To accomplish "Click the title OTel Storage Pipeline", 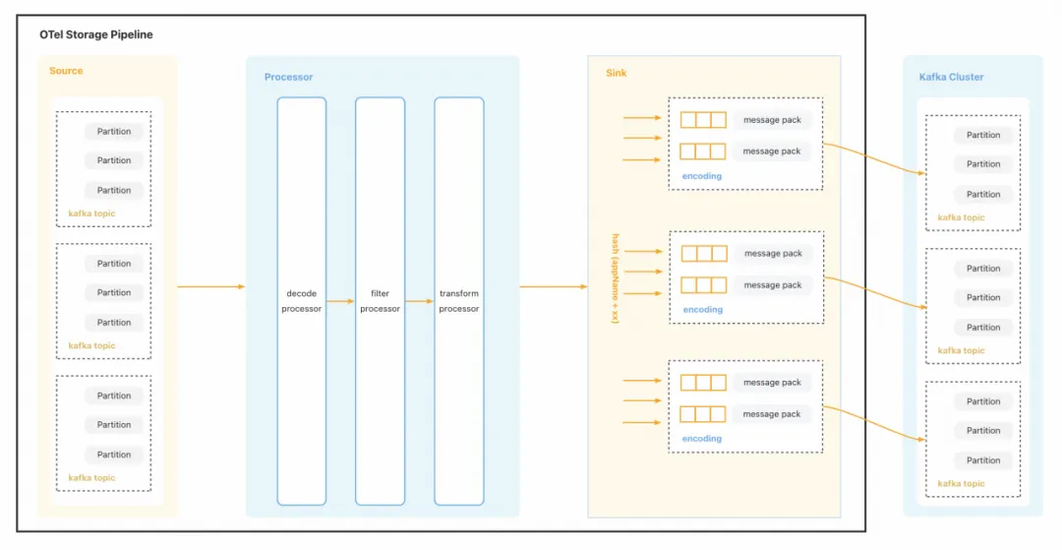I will pos(96,34).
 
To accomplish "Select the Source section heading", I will pos(66,71).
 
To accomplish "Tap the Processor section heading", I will pos(288,77).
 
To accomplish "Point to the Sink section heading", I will pos(616,73).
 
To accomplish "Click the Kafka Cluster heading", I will pos(951,77).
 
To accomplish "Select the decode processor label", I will pos(301,301).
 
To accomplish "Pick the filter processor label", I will pos(380,301).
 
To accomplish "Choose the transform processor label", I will pos(458,301).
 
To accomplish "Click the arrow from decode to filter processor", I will pos(340,301).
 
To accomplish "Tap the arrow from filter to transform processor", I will pos(419,301).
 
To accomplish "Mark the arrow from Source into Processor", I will pos(210,286).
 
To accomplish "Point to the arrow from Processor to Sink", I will pos(553,286).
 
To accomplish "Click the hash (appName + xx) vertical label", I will pos(615,278).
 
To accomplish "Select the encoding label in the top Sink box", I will pos(702,176).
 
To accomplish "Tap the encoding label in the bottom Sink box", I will pos(702,439).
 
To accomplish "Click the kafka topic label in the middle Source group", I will pos(91,345).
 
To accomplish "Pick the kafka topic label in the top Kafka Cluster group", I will pos(961,217).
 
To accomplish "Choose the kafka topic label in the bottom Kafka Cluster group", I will pos(961,483).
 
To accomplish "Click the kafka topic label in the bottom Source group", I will pos(91,477).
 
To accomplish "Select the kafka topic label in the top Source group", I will pos(91,213).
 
